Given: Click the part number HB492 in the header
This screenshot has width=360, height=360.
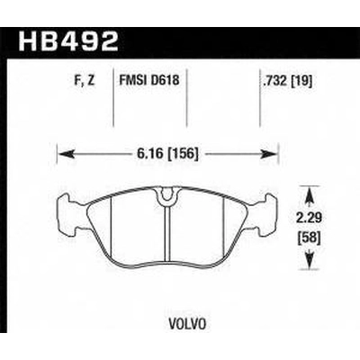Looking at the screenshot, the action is [x=68, y=41].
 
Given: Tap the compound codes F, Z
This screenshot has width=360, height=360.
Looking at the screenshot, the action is [x=85, y=81].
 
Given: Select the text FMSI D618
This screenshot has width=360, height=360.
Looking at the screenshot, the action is [x=149, y=80].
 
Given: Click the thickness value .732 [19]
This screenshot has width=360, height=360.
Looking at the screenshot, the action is [x=287, y=81].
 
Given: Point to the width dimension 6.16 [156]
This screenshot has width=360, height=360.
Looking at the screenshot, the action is [x=167, y=154].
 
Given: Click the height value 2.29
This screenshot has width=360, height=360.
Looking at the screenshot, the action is [x=310, y=218].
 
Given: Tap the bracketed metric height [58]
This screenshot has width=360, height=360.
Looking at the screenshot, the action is [x=310, y=238].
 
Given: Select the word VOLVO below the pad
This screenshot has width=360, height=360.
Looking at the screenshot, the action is [x=188, y=324].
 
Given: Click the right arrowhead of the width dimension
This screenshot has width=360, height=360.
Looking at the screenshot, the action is [x=269, y=154].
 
